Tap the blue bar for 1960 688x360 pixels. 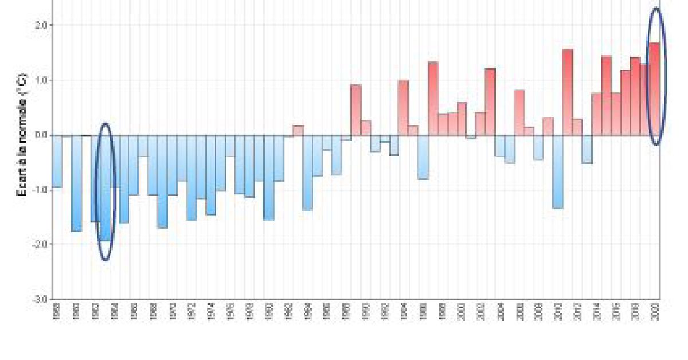pyautogui.click(x=76, y=183)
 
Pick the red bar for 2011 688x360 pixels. pyautogui.click(x=568, y=92)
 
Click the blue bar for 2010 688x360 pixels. pyautogui.click(x=558, y=171)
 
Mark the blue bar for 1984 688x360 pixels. pyautogui.click(x=307, y=173)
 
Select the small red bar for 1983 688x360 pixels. pyautogui.click(x=298, y=130)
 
